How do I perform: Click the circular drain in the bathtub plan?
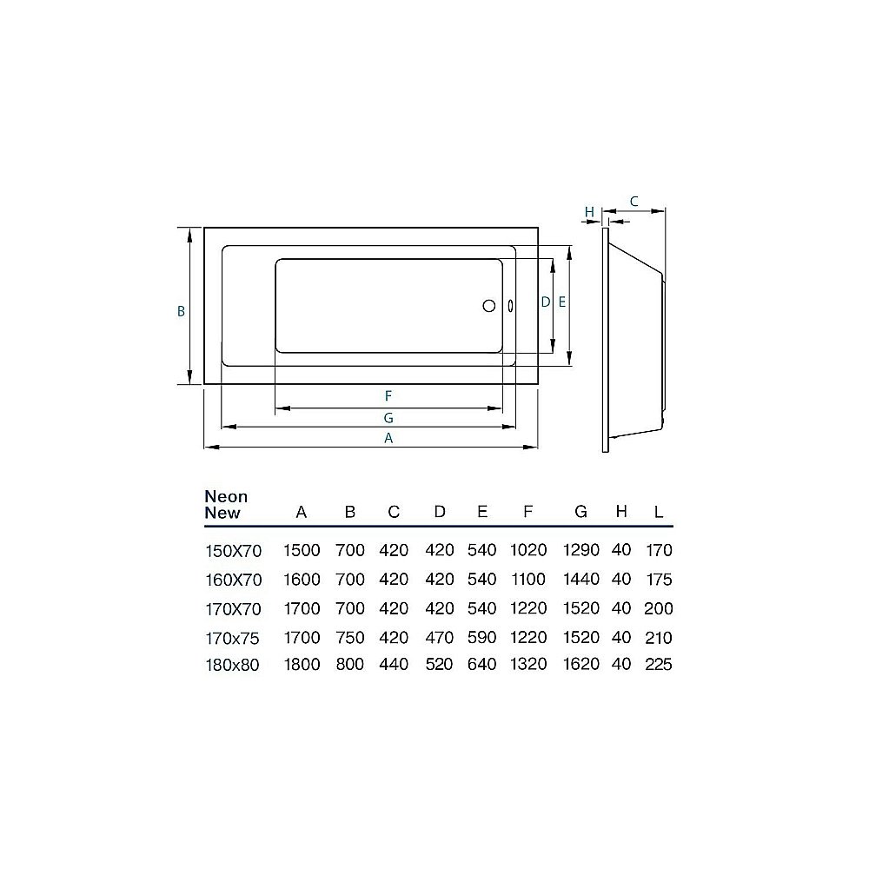[x=488, y=305]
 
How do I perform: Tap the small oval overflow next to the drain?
[x=509, y=305]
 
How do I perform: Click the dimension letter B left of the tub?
[x=181, y=310]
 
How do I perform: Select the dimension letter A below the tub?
[x=388, y=439]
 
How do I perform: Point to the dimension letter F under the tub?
[x=388, y=395]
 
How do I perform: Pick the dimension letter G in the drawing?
[x=388, y=417]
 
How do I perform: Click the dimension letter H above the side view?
[x=589, y=212]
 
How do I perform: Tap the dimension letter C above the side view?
[x=634, y=201]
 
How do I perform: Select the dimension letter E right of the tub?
[x=561, y=302]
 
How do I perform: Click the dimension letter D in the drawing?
[x=545, y=302]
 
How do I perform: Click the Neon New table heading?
[x=226, y=505]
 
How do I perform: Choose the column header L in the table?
[x=658, y=513]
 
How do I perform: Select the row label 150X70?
[x=232, y=550]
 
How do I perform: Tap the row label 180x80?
[x=232, y=665]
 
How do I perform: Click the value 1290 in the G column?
[x=581, y=550]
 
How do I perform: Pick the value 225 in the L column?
[x=658, y=665]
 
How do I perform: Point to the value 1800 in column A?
[x=302, y=665]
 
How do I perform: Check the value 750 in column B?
[x=350, y=637]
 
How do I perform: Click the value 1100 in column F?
[x=528, y=580]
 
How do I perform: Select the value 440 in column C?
[x=394, y=665]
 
